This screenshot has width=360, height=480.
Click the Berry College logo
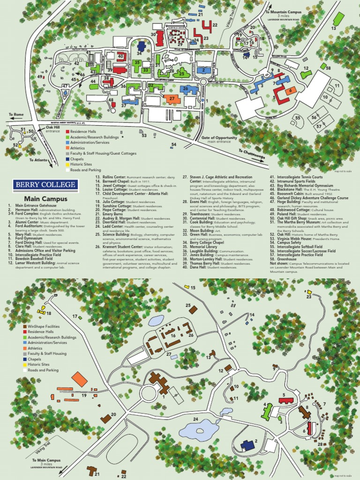point(45,184)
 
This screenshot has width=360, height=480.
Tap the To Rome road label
point(15,114)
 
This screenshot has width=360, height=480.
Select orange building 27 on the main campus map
point(172,98)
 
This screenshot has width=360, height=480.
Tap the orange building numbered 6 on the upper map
point(291,91)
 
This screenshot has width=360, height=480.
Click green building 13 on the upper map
point(338,19)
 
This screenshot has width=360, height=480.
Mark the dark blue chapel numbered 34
point(141,45)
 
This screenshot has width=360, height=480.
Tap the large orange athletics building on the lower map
point(79,379)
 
